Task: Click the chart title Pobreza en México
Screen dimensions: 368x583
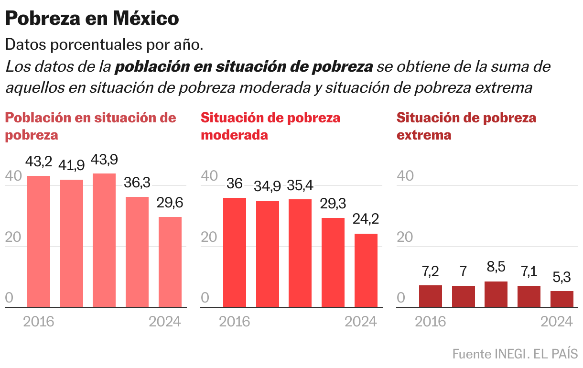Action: (x=92, y=19)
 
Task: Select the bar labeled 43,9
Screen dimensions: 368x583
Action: (x=104, y=240)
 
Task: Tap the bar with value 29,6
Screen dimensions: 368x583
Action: (x=170, y=262)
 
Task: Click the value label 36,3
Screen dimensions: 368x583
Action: (x=137, y=183)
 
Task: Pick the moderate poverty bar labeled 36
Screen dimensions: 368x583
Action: (x=235, y=252)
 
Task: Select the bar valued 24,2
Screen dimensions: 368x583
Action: (x=366, y=270)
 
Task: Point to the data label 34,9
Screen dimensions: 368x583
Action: (x=267, y=186)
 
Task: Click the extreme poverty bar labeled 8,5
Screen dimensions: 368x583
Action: (x=496, y=294)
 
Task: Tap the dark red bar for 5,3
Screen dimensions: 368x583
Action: (x=562, y=299)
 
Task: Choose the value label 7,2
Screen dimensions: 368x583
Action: (x=430, y=272)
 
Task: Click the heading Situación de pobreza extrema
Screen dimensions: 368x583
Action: (x=466, y=126)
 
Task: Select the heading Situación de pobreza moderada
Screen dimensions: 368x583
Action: (x=270, y=126)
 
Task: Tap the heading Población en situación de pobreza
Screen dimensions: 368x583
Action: (x=90, y=126)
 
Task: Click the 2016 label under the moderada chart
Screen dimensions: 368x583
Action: (x=235, y=322)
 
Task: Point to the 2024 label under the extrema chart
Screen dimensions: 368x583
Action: (x=557, y=322)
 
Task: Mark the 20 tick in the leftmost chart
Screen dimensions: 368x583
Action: (x=13, y=238)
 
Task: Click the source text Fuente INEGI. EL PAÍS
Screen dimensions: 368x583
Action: (x=515, y=354)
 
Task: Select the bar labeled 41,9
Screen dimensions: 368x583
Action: (x=72, y=243)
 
